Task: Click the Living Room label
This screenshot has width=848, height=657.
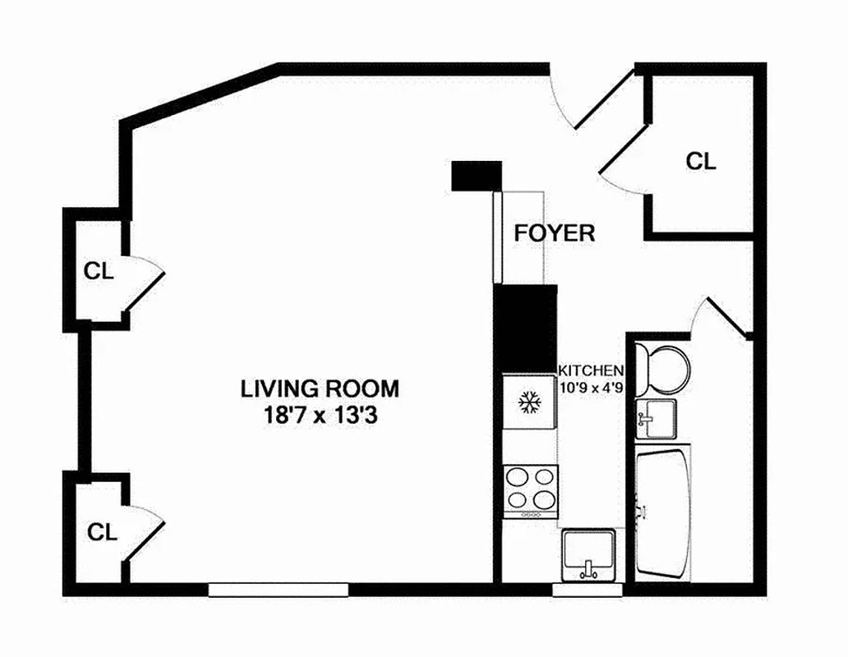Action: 320,387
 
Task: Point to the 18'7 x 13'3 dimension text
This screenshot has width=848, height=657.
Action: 320,416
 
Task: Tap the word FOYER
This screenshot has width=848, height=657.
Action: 554,232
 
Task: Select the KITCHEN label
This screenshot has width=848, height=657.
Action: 591,370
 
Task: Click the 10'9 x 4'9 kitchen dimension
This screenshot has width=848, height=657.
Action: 591,386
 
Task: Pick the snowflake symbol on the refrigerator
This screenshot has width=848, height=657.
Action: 528,402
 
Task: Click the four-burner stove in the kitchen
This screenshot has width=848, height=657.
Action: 530,490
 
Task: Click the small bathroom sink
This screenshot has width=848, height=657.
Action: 656,418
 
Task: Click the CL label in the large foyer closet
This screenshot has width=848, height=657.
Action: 701,161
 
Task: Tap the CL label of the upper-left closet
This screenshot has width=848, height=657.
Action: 99,270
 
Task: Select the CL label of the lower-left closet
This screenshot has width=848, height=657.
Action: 103,531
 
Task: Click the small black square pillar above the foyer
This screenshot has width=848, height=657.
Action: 477,175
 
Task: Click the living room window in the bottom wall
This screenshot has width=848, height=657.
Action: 279,589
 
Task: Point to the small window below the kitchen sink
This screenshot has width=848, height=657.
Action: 588,589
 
